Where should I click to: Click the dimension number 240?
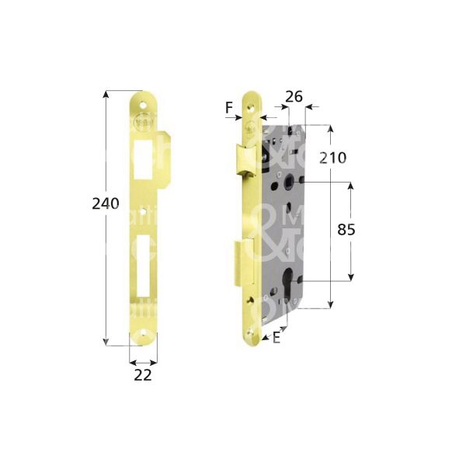pos(105,203)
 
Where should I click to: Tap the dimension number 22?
pos(142,375)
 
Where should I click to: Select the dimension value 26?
pos(294,97)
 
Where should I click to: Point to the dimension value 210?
pos(332,158)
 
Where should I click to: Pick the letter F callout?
pos(230,107)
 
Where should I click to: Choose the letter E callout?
pos(277,336)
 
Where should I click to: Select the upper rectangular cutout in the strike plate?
pos(143,158)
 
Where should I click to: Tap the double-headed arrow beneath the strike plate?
pos(143,362)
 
